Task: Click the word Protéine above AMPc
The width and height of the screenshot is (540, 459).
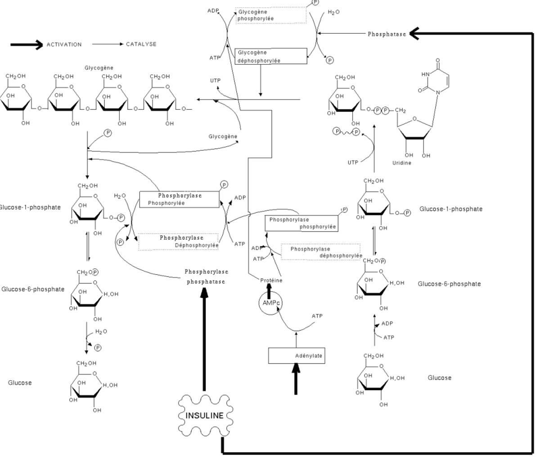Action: pos(271,281)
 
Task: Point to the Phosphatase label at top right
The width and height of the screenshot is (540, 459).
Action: pos(387,34)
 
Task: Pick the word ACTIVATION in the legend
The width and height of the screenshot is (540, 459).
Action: pos(64,45)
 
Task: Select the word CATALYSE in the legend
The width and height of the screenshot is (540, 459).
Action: pos(141,45)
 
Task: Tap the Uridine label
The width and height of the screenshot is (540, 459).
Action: pos(402,163)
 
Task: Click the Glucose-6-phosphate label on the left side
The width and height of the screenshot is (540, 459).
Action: pos(33,289)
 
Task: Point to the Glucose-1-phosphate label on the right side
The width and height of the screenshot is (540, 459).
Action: pos(451,209)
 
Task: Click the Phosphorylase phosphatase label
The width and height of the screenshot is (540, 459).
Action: pos(206,276)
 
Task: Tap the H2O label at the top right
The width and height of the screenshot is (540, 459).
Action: pos(333,12)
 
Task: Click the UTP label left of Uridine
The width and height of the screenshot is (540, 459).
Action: pos(353,163)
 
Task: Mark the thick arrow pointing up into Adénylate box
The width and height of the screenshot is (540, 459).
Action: pos(296,379)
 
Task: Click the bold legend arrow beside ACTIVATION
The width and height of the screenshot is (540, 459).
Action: pos(27,45)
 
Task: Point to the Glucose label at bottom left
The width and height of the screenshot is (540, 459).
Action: pos(20,383)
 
